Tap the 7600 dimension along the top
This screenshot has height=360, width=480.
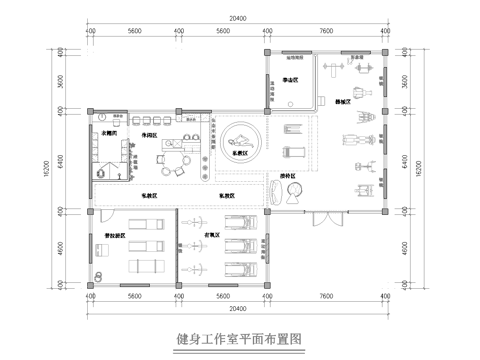tap(326, 31)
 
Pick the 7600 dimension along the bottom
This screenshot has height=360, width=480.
tap(326, 296)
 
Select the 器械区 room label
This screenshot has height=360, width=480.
tap(343, 102)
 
